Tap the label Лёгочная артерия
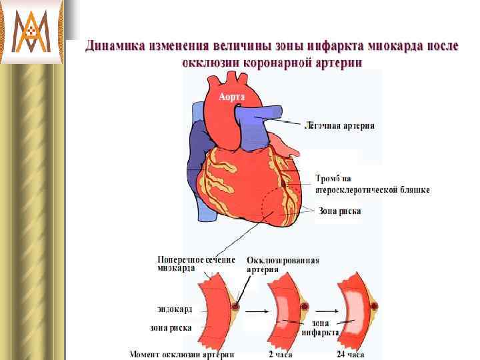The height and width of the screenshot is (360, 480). (x=339, y=125)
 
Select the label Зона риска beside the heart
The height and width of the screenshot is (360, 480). (x=340, y=211)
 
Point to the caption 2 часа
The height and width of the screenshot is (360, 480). (x=280, y=354)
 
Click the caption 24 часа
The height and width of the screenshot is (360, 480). (x=350, y=354)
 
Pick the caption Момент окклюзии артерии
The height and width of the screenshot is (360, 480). (x=181, y=354)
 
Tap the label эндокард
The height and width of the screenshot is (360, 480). (x=175, y=309)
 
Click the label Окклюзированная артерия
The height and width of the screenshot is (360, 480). (x=282, y=265)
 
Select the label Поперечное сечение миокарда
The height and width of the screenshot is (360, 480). (x=195, y=263)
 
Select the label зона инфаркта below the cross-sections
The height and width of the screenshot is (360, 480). (x=320, y=327)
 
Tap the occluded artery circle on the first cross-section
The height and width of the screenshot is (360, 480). (x=235, y=307)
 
